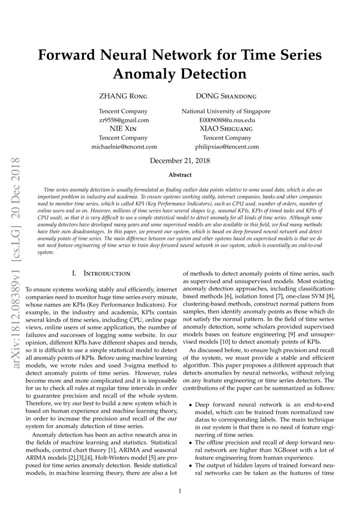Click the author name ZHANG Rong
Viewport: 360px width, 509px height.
click(123, 96)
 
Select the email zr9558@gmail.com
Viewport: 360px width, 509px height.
click(123, 120)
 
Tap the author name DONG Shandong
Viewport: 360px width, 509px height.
click(226, 96)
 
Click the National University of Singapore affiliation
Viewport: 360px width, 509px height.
click(226, 111)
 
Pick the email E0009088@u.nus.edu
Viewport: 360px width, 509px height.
click(226, 120)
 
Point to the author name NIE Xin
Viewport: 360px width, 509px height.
click(123, 129)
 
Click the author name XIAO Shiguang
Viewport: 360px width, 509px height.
click(226, 129)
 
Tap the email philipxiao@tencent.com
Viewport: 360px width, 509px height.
click(226, 147)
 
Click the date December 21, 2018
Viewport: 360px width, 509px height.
click(180, 161)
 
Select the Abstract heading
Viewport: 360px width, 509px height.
click(180, 175)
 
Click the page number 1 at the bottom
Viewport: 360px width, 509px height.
click(180, 491)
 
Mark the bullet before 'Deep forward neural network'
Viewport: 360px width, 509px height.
click(190, 405)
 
